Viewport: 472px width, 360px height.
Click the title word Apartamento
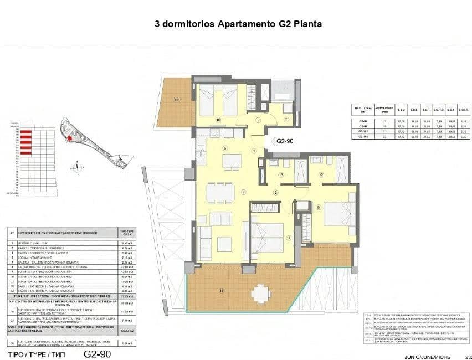point(244,24)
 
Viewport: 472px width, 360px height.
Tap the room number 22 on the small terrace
point(176,100)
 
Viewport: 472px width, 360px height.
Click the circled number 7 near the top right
point(286,119)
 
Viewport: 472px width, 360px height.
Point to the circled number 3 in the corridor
point(258,120)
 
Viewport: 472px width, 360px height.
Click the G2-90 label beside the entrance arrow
point(285,141)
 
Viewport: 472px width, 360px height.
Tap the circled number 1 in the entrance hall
point(254,151)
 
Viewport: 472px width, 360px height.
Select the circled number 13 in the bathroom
point(281,174)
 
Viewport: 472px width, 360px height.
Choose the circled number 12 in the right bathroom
point(321,174)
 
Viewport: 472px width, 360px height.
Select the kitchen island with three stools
point(232,161)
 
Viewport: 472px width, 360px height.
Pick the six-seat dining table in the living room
point(220,192)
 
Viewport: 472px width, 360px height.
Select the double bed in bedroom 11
point(268,236)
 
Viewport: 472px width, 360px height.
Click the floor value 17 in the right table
point(384,120)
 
